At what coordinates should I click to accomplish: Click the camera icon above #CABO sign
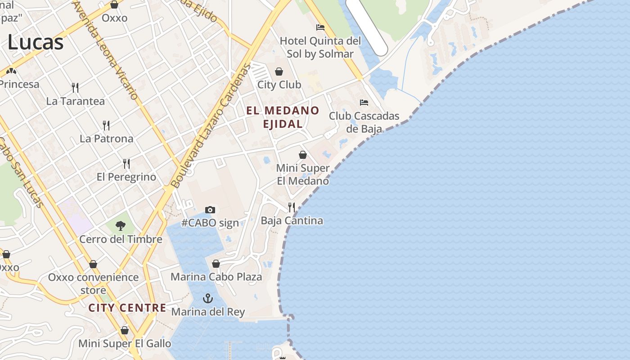click(x=210, y=210)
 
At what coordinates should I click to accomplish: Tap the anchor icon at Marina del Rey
click(x=208, y=298)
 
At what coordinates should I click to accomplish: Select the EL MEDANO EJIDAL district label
click(x=283, y=117)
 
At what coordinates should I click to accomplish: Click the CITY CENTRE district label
click(x=127, y=308)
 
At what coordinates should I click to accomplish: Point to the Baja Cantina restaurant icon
click(x=292, y=207)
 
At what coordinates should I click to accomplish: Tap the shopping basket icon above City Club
click(x=279, y=72)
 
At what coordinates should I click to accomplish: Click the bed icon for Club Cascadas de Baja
click(x=364, y=103)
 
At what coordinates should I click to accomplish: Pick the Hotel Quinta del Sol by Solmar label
click(x=320, y=47)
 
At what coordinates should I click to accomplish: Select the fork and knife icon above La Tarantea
click(x=75, y=87)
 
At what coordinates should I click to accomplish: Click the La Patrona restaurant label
click(x=106, y=139)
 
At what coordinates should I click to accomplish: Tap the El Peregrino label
click(x=126, y=177)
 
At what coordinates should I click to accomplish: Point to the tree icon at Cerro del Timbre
click(x=120, y=225)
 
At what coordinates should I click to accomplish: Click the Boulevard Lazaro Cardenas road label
click(x=210, y=126)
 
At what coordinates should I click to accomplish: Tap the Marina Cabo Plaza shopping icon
click(x=216, y=264)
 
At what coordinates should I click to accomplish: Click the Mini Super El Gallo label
click(x=125, y=344)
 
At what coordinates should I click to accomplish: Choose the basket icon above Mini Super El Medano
click(x=303, y=155)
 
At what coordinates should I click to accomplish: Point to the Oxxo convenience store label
click(x=93, y=283)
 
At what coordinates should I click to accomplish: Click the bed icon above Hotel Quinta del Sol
click(x=320, y=27)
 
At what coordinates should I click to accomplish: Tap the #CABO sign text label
click(x=210, y=223)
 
